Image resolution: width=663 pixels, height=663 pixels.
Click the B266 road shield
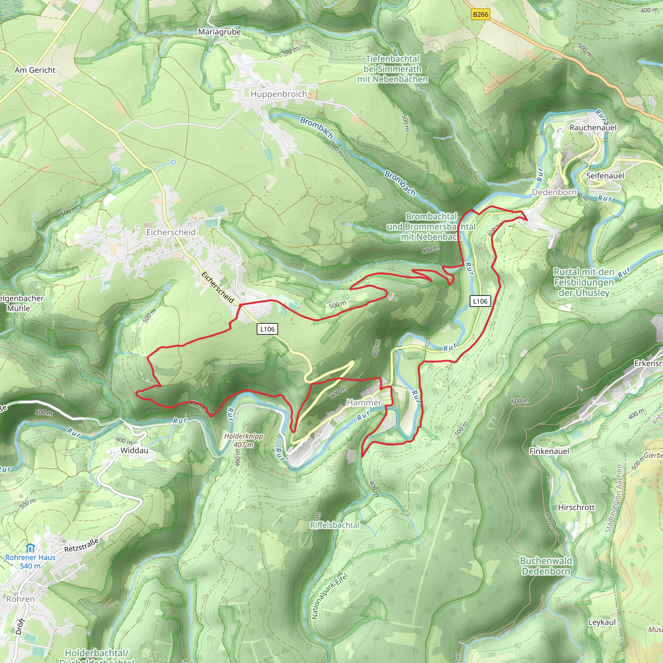point(480,15)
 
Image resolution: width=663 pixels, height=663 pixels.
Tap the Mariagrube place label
point(219,32)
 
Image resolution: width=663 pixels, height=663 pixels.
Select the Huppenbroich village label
point(279,94)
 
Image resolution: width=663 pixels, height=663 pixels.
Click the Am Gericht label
point(35,70)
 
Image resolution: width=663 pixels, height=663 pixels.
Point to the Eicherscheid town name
point(171,232)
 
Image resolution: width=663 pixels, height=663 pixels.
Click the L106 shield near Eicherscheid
point(267,329)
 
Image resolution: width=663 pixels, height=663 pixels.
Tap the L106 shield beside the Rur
point(480,301)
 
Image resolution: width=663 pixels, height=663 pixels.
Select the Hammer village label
point(364,402)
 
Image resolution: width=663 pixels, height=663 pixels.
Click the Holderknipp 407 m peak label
point(244,440)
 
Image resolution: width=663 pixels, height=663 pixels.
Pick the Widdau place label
point(135,451)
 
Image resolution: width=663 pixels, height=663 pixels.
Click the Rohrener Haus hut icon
point(30,548)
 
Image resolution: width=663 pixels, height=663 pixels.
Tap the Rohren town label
point(21,599)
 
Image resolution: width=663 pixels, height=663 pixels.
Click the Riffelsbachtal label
point(335,525)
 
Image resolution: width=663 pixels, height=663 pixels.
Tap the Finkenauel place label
point(549,451)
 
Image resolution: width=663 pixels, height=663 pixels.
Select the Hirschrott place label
point(576,507)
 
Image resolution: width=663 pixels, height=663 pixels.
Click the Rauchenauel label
point(593,128)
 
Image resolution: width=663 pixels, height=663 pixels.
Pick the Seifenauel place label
point(605,176)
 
